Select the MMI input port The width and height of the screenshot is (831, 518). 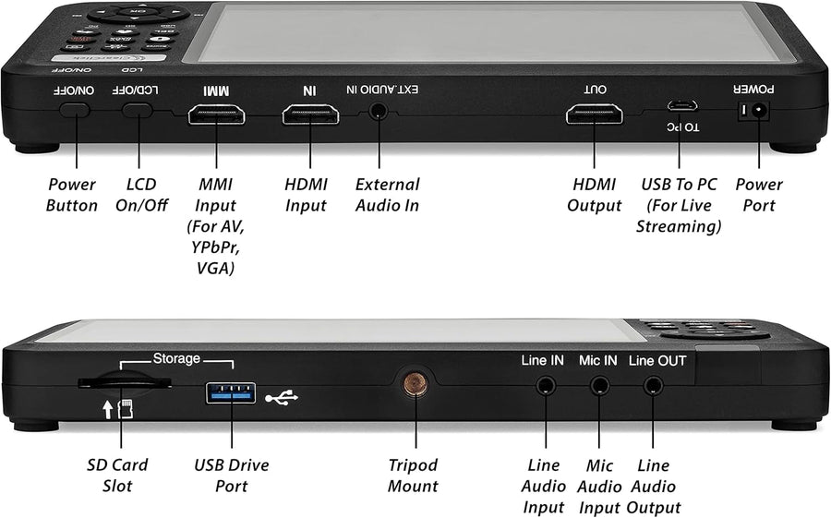pyautogui.click(x=216, y=114)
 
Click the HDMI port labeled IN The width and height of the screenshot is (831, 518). pyautogui.click(x=310, y=114)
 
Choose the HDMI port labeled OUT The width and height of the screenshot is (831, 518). pyautogui.click(x=594, y=114)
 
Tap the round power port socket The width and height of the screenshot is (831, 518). pyautogui.click(x=760, y=111)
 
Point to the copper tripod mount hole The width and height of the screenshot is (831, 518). pyautogui.click(x=413, y=382)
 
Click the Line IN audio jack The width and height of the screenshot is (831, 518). pyautogui.click(x=545, y=384)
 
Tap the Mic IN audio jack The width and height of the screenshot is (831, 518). pyautogui.click(x=599, y=384)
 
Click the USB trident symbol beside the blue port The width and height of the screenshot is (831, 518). pyautogui.click(x=282, y=396)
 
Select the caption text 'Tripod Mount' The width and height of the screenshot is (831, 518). pyautogui.click(x=413, y=476)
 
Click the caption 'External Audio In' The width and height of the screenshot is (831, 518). pyautogui.click(x=387, y=195)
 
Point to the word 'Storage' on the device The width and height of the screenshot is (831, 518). pyautogui.click(x=176, y=358)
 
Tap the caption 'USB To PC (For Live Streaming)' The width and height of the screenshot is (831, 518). pyautogui.click(x=680, y=205)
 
